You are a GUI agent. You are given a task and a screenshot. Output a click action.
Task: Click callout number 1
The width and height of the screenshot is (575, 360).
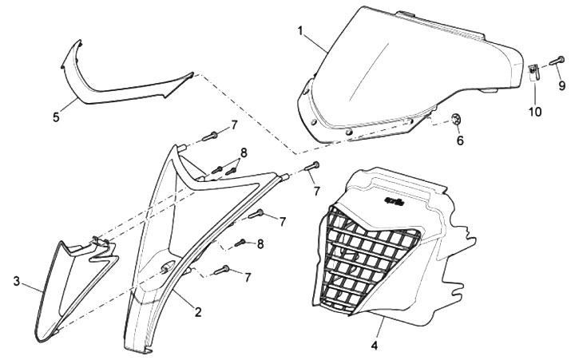click(300, 31)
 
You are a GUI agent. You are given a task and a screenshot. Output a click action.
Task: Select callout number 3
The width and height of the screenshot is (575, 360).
click(17, 281)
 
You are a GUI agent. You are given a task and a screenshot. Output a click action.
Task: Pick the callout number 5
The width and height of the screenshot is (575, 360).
click(56, 117)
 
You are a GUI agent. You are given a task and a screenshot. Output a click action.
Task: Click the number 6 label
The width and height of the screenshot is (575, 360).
click(459, 140)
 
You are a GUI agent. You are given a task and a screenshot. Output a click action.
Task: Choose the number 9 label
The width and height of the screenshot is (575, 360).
click(561, 85)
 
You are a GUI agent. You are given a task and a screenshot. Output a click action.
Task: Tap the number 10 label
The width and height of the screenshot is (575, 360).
click(534, 112)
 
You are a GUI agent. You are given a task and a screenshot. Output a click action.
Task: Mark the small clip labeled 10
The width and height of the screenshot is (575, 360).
click(534, 74)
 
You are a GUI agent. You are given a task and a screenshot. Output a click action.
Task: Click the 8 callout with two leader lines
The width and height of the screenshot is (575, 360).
click(244, 152)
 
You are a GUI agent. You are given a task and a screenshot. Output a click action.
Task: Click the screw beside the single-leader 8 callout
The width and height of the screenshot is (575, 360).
click(239, 243)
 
